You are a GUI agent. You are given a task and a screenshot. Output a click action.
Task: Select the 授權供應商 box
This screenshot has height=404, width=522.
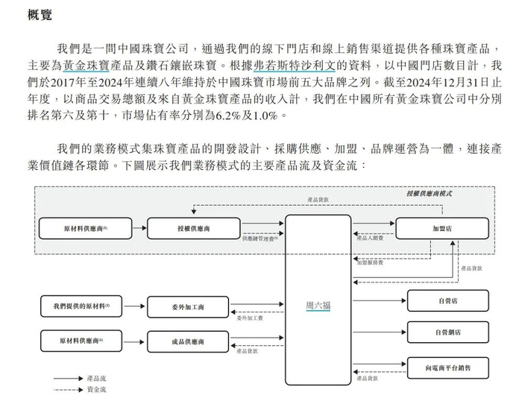click(183, 227)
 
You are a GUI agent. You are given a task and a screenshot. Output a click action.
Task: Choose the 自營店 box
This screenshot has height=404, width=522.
click(448, 301)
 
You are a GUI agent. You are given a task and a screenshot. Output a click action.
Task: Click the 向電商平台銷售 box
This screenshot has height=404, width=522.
click(448, 368)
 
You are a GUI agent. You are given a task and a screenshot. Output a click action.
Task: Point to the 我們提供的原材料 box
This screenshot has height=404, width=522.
click(81, 306)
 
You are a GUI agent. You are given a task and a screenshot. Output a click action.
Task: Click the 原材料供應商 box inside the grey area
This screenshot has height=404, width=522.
click(86, 227)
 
